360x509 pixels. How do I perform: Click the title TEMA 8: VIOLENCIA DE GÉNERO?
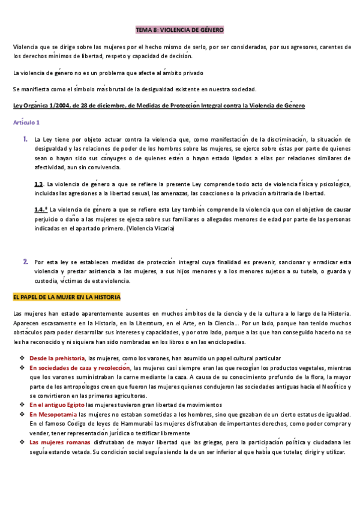click(x=180, y=29)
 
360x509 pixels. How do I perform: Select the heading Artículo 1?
click(x=26, y=122)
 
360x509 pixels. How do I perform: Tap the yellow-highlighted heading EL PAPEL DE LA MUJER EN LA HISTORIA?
click(x=67, y=297)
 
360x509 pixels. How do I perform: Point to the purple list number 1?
click(x=26, y=139)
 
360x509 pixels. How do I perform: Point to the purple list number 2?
click(x=26, y=262)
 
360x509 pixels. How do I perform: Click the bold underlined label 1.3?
click(x=39, y=184)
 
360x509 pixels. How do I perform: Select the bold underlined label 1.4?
click(x=40, y=209)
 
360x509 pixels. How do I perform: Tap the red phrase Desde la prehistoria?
click(x=58, y=358)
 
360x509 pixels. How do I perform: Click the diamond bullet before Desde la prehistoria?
click(x=21, y=358)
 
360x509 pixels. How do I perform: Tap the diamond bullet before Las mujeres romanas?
click(x=21, y=442)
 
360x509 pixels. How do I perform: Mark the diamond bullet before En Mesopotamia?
click(x=21, y=414)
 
